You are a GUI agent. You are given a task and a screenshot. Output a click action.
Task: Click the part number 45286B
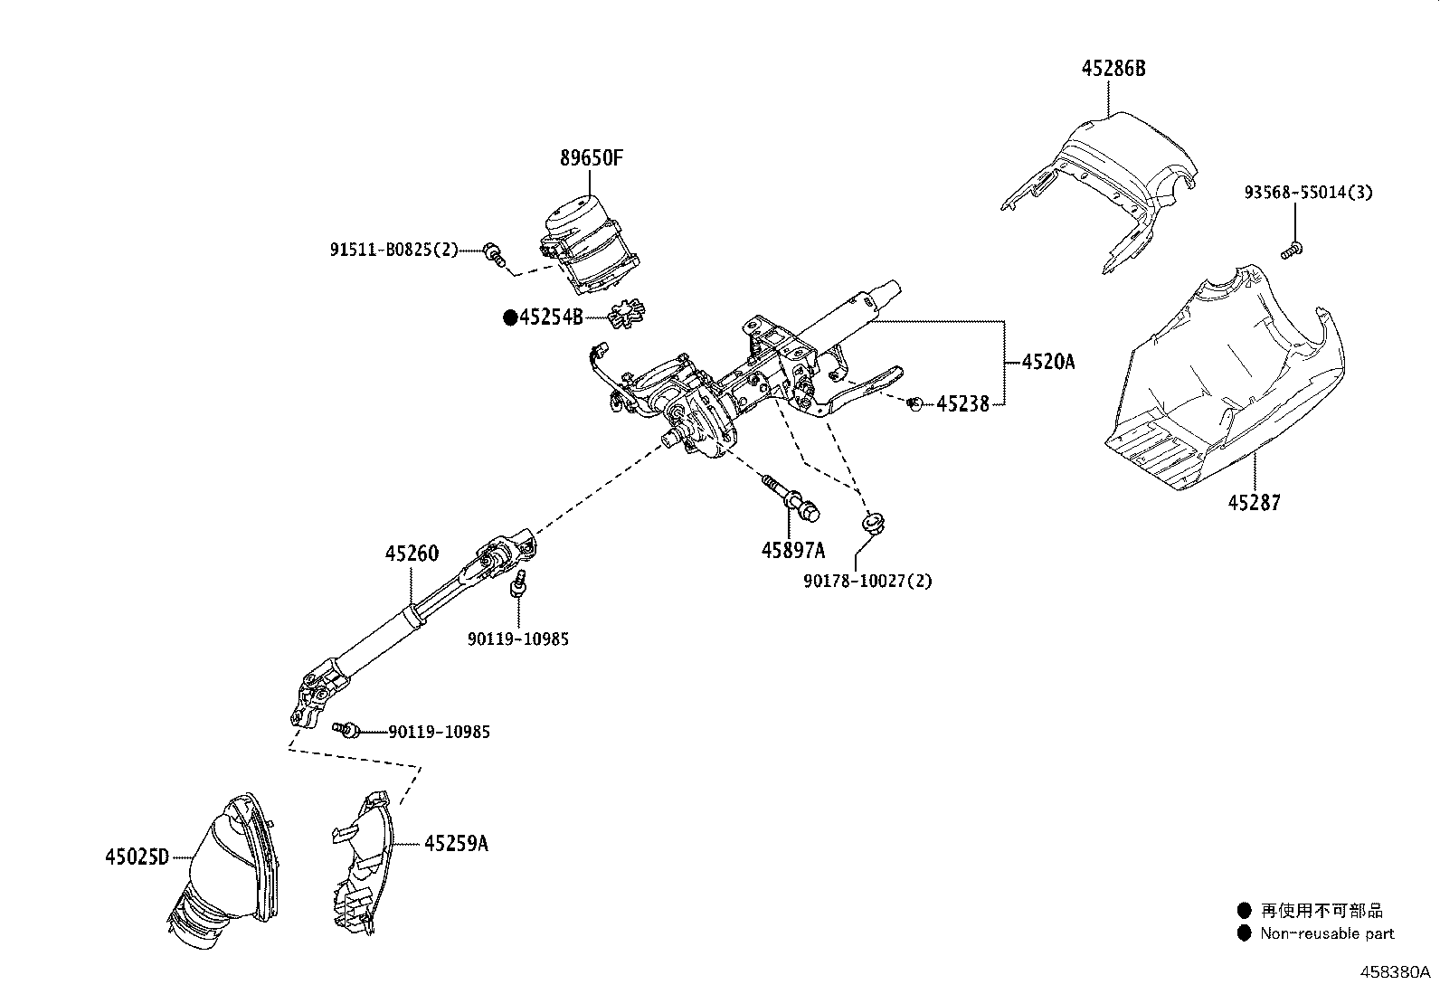coord(1113,68)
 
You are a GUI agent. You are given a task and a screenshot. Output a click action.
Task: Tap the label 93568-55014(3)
coord(1308,193)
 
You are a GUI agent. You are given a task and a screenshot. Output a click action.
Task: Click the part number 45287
coord(1254,502)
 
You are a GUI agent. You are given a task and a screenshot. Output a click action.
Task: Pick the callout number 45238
coord(962,404)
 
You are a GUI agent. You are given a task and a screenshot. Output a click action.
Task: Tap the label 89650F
coord(592,158)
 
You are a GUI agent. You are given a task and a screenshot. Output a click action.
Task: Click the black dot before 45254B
coord(510,317)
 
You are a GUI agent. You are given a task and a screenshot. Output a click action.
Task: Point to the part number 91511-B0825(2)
coord(394,250)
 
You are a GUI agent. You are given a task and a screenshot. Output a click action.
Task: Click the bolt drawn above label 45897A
coord(791,497)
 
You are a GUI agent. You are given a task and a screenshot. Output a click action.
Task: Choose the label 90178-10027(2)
coord(867,581)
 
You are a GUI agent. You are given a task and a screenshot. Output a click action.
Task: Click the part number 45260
coord(412,554)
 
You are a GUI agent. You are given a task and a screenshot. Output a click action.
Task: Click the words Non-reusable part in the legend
coord(1327,933)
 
